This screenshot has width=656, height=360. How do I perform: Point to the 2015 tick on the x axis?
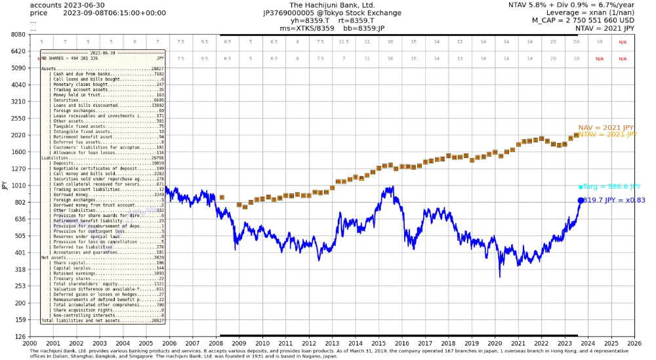(379, 342)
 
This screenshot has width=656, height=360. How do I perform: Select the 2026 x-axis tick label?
(634, 342)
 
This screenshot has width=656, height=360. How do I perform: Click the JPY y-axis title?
(5, 186)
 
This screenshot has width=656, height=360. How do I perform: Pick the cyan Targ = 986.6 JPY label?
(611, 187)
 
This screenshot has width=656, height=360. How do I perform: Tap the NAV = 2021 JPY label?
(606, 128)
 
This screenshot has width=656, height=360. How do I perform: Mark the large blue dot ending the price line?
(581, 201)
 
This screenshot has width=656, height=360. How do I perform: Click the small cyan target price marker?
(581, 187)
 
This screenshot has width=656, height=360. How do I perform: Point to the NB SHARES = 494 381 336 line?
(70, 58)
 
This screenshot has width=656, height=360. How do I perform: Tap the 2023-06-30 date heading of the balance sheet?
(102, 52)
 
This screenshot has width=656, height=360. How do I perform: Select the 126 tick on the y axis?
(18, 336)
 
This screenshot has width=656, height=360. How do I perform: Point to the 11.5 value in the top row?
(344, 41)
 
